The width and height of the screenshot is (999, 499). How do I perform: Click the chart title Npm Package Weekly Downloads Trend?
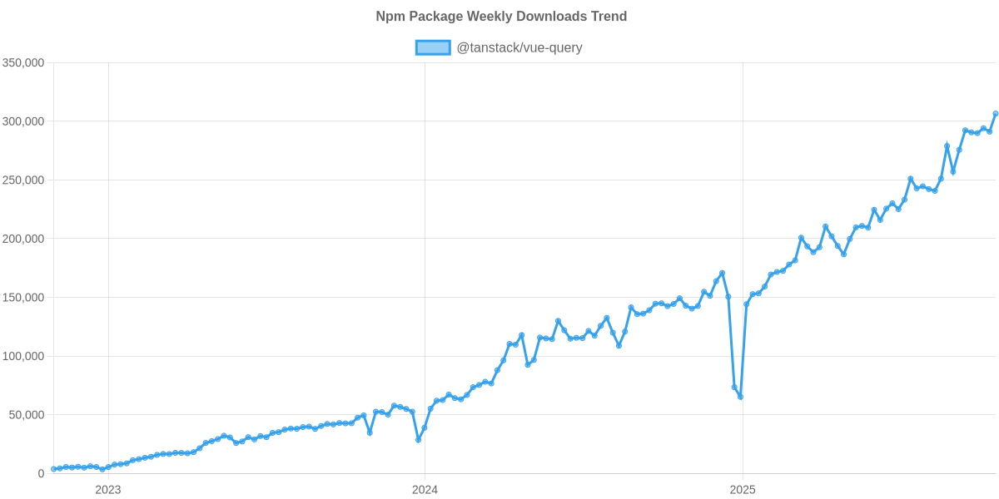500,17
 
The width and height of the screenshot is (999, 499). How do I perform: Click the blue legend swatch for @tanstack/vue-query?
432,47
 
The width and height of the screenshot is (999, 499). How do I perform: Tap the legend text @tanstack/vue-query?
519,47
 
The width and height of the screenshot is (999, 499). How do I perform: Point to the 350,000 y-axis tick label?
23,63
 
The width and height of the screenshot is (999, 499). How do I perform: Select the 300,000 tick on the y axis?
23,121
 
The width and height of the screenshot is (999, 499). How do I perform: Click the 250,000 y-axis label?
23,180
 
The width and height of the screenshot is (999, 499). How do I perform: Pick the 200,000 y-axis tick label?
23,240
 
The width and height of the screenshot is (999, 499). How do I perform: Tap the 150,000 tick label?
23,298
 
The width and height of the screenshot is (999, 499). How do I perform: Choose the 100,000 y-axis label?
23,357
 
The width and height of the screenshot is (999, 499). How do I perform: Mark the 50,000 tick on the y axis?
27,415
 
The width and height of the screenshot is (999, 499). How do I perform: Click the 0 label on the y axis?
41,474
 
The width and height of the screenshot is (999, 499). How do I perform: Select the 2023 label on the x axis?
108,490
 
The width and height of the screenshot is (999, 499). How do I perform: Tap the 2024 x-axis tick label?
425,490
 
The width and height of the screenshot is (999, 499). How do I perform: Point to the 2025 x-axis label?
741,490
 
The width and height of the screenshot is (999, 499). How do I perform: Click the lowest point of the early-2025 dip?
740,397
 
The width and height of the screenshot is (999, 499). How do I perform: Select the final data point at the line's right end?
995,114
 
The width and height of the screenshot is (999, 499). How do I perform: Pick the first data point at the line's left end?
53,469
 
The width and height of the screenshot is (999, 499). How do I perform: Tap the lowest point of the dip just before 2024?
418,440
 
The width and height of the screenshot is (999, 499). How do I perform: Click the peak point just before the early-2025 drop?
722,273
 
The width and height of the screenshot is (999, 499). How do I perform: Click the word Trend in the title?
609,17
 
